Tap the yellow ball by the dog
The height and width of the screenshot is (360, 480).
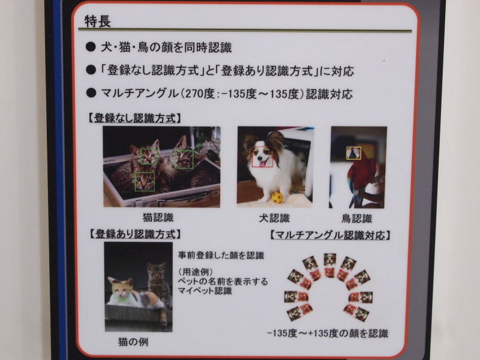pyautogui.click(x=277, y=197)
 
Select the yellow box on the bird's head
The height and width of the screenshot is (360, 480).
pyautogui.click(x=353, y=153)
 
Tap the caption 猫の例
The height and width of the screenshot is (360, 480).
pyautogui.click(x=133, y=341)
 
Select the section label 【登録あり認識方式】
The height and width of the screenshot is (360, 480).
pyautogui.click(x=134, y=233)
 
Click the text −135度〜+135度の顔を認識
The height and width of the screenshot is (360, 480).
pyautogui.click(x=328, y=332)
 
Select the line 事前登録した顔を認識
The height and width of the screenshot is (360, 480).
pyautogui.click(x=221, y=255)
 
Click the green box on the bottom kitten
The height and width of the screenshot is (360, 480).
pyautogui.click(x=145, y=181)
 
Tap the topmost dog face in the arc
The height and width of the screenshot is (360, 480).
pyautogui.click(x=329, y=259)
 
